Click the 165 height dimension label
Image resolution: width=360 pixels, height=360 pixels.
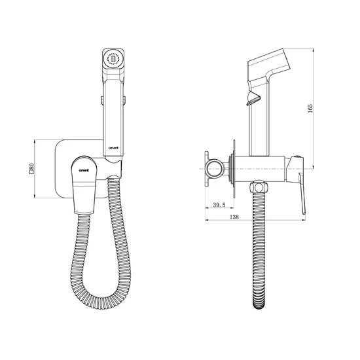click(x=310, y=108)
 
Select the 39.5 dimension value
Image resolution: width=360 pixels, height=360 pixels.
click(x=219, y=205)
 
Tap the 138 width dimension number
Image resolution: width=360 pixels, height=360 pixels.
click(x=234, y=217)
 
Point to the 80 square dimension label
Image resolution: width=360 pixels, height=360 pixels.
click(x=31, y=167)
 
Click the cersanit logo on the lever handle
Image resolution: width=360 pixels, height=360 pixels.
click(x=84, y=170)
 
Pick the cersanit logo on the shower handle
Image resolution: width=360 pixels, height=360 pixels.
click(x=113, y=148)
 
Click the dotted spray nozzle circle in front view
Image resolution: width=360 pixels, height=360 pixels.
click(x=113, y=59)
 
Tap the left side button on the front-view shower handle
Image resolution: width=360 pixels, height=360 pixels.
click(x=101, y=100)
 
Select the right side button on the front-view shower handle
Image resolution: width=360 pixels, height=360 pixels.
click(x=124, y=100)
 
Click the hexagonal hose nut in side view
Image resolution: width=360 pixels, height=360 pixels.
click(x=259, y=187)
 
